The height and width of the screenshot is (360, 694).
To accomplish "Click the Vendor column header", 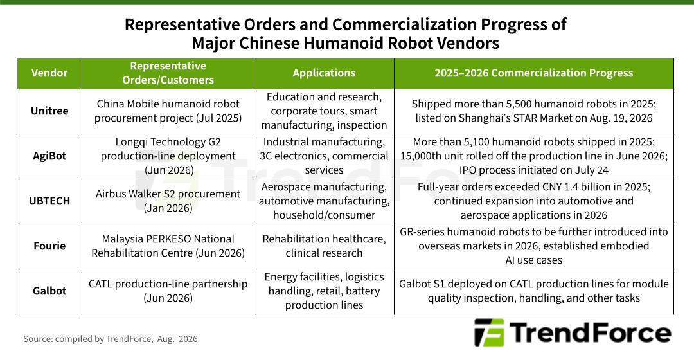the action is coord(49,73).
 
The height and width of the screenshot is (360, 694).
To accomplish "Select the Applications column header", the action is coord(324,73).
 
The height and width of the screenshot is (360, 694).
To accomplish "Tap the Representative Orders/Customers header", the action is coord(168,73).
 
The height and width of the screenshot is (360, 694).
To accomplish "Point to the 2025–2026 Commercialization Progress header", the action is coord(534,73).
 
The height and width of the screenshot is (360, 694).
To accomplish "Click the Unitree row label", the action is coord(49,111).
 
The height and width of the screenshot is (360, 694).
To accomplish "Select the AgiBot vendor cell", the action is coord(49,156).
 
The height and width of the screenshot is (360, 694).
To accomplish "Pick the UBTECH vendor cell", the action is coord(49,201).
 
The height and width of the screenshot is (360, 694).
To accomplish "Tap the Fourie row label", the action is coord(49,246).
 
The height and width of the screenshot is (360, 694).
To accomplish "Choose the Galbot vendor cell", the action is coord(49,291).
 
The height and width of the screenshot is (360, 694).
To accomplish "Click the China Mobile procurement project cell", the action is coord(168,111).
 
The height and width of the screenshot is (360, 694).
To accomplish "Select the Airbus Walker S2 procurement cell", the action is coord(168,201).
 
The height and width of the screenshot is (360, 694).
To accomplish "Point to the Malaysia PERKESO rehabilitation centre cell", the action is coord(168,246).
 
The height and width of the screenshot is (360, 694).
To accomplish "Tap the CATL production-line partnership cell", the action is coord(168,291).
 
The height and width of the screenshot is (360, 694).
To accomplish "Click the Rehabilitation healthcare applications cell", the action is coord(324,246).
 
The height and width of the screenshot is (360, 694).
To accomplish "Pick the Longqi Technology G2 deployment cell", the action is coord(168,156).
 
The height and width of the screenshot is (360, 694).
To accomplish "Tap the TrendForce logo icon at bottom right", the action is coord(489,332).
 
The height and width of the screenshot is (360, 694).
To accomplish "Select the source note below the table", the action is coord(111,339).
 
